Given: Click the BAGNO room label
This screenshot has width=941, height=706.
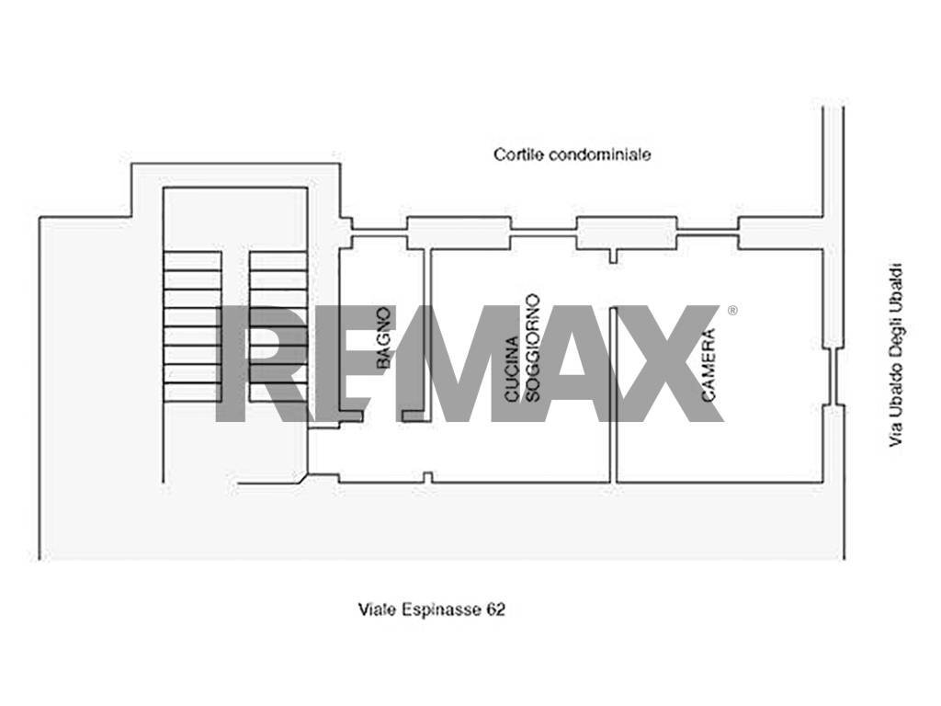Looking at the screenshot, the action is tap(384, 337).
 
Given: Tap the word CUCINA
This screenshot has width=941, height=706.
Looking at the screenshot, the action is tap(511, 370).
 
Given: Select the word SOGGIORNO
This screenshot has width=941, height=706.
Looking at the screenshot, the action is tap(532, 347).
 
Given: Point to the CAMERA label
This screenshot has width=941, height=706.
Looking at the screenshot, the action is tap(709, 364).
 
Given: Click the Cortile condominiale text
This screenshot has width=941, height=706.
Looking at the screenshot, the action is tap(572, 154).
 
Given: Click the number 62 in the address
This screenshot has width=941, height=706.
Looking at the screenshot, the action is tap(496, 610).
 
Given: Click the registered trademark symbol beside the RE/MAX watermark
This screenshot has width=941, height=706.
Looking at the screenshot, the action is tap(732, 311).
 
